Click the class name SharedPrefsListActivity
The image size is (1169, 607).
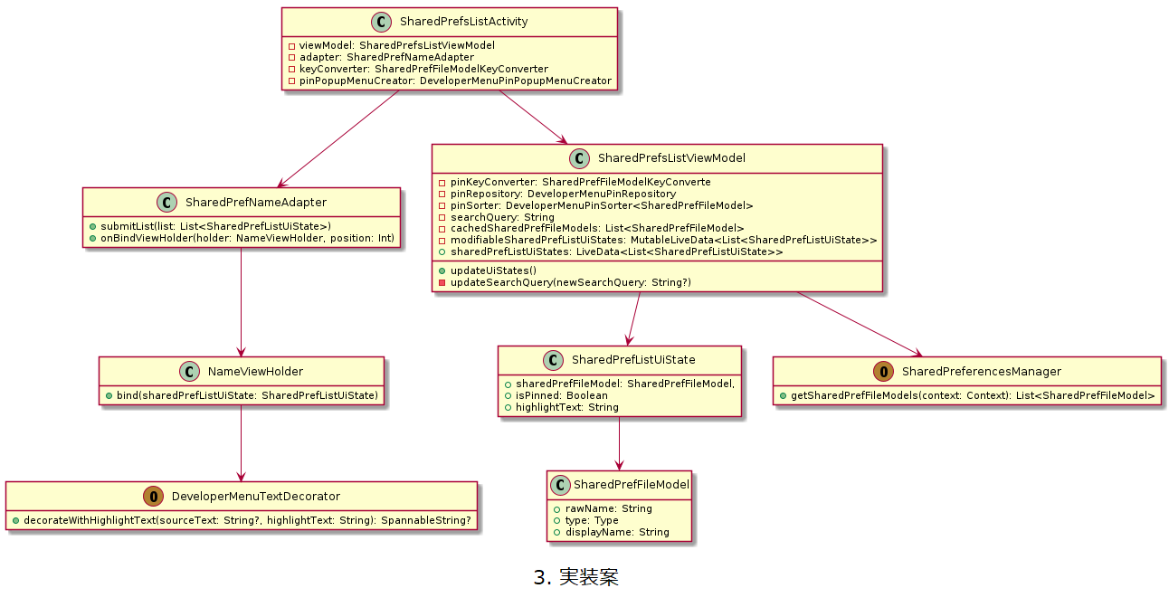[x=463, y=21]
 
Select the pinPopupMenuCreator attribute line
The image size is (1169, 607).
[x=450, y=81]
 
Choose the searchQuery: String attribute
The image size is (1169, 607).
[x=495, y=217]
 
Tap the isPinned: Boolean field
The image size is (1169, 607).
[x=556, y=395]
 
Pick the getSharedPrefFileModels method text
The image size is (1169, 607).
[x=966, y=395]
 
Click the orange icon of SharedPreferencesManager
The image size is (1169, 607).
[x=886, y=371]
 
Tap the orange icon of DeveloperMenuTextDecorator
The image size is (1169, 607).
[x=155, y=496]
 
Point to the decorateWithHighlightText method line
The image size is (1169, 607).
[x=242, y=520]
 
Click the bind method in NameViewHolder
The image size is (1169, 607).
[x=242, y=395]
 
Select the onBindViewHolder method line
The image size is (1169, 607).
[x=242, y=238]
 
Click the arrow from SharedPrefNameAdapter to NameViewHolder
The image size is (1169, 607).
[x=241, y=303]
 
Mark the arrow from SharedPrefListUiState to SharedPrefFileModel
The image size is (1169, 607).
[x=619, y=443]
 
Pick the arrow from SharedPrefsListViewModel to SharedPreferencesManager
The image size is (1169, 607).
[x=860, y=324]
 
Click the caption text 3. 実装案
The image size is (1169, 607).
[x=576, y=577]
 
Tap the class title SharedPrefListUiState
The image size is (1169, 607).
[x=633, y=359]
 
